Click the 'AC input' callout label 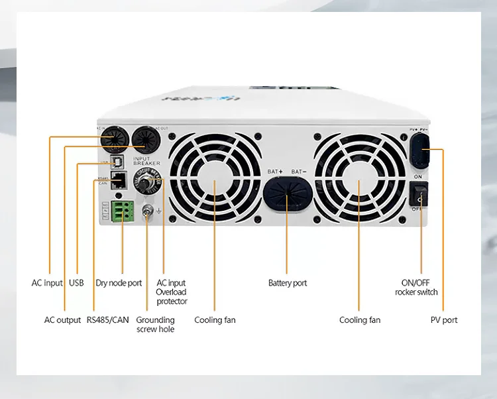coord(47,283)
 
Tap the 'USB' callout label coord(76,283)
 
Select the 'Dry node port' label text coord(119,283)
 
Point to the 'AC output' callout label coord(62,320)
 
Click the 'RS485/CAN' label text coord(107,320)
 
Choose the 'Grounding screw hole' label coord(156,325)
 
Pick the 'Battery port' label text coord(288,283)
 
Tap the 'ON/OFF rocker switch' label coord(416,287)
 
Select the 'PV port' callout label coord(444,320)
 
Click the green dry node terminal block coord(122,211)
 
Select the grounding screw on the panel coord(148,211)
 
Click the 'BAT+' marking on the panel coord(275,172)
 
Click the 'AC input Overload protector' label coord(172,292)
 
